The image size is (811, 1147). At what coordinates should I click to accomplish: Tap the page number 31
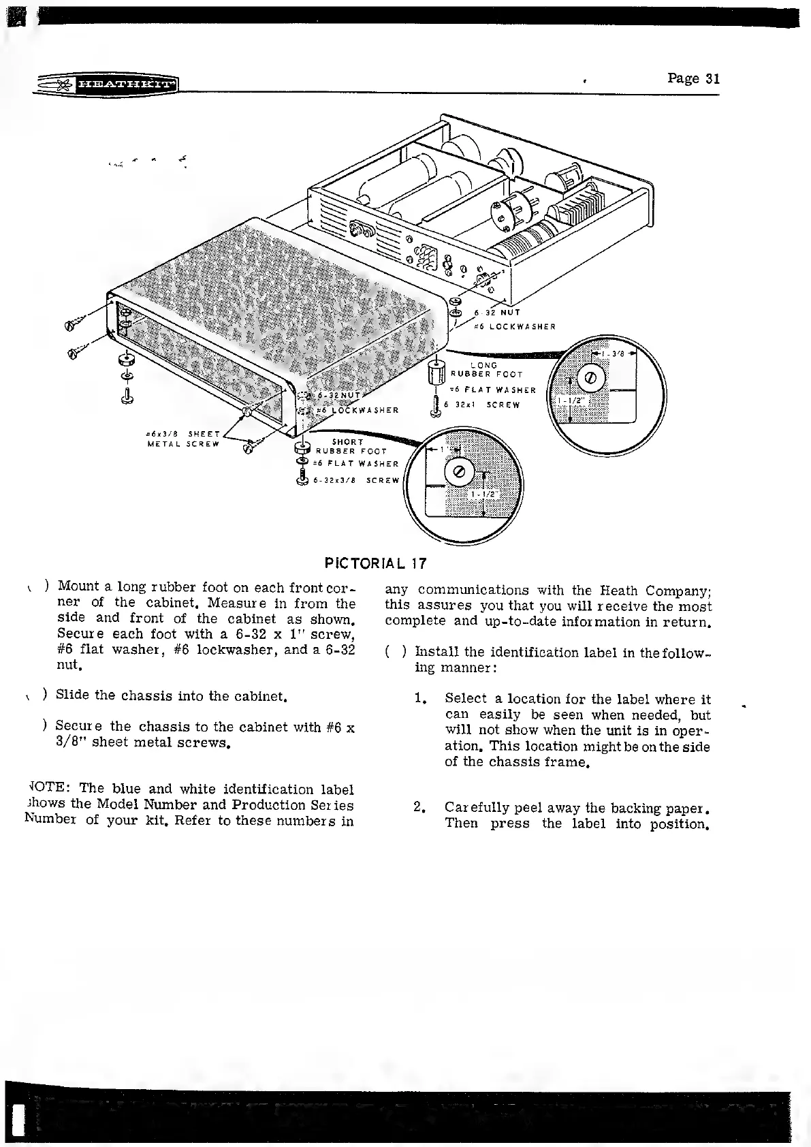click(693, 78)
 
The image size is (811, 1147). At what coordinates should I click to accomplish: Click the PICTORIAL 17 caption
click(376, 563)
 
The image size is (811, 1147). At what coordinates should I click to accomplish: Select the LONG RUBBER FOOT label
click(486, 370)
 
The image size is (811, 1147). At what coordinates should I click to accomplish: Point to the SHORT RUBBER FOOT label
click(351, 447)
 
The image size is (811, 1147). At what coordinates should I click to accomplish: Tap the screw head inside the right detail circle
click(590, 378)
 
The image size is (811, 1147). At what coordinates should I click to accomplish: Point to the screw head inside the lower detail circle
click(458, 473)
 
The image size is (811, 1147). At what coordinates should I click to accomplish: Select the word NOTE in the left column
click(45, 789)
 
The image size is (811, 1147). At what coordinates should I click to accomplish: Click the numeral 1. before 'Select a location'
click(421, 700)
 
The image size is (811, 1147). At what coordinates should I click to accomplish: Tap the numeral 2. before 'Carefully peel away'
click(420, 808)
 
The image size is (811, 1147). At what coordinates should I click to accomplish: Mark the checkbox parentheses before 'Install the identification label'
click(396, 652)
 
